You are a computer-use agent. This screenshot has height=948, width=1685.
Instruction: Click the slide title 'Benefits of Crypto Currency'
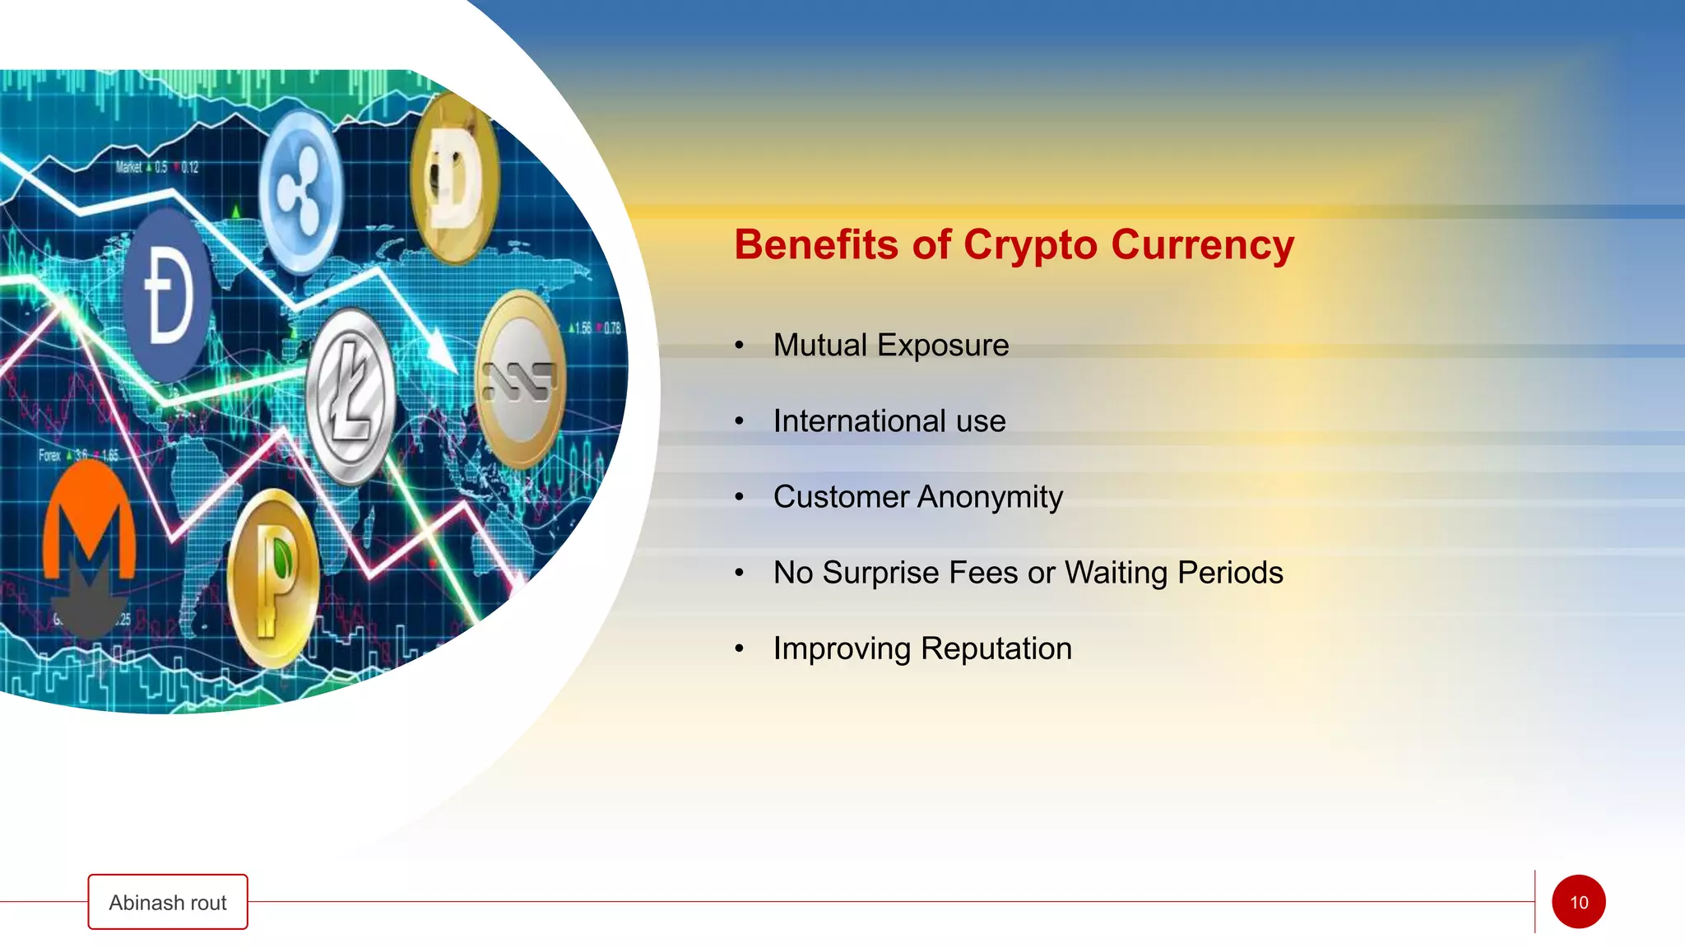pos(1014,245)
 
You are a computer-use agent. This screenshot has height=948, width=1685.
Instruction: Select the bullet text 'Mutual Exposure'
pos(891,346)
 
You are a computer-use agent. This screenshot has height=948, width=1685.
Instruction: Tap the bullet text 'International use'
pos(889,421)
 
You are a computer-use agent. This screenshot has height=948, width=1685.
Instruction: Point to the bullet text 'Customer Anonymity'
pos(917,497)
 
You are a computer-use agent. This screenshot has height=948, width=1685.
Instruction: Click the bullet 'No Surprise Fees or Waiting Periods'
pos(1028,573)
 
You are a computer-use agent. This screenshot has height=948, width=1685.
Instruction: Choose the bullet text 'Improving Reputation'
pos(922,648)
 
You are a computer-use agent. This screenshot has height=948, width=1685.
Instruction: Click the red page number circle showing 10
pos(1578,902)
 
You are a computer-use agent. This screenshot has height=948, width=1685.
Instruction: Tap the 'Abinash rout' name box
pos(168,902)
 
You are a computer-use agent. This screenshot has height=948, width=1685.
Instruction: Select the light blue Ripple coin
pos(300,192)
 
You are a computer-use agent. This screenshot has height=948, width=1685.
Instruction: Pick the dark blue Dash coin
pos(169,295)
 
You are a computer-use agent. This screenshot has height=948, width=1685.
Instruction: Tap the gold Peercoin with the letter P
pos(273,578)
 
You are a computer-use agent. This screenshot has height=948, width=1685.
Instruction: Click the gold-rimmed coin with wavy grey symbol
pos(520,379)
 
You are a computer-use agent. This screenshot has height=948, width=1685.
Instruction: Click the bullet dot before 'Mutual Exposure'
pos(740,346)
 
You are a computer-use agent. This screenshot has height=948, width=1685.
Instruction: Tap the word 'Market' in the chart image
pos(128,167)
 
